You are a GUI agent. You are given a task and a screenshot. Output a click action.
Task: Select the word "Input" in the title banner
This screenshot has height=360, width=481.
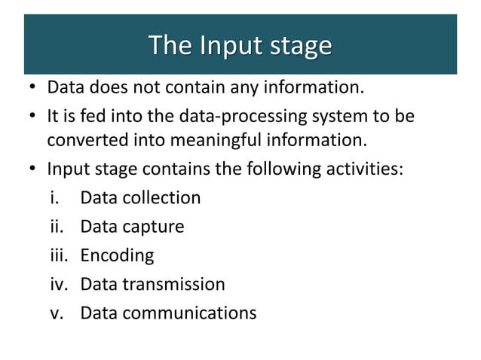pos(225,46)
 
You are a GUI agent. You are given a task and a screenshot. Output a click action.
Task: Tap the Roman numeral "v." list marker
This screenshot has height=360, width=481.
pos(54,313)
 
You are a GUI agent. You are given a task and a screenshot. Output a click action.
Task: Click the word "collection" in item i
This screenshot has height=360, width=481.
pos(164,198)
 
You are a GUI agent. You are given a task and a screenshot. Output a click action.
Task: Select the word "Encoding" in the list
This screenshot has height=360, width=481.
pos(117,256)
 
